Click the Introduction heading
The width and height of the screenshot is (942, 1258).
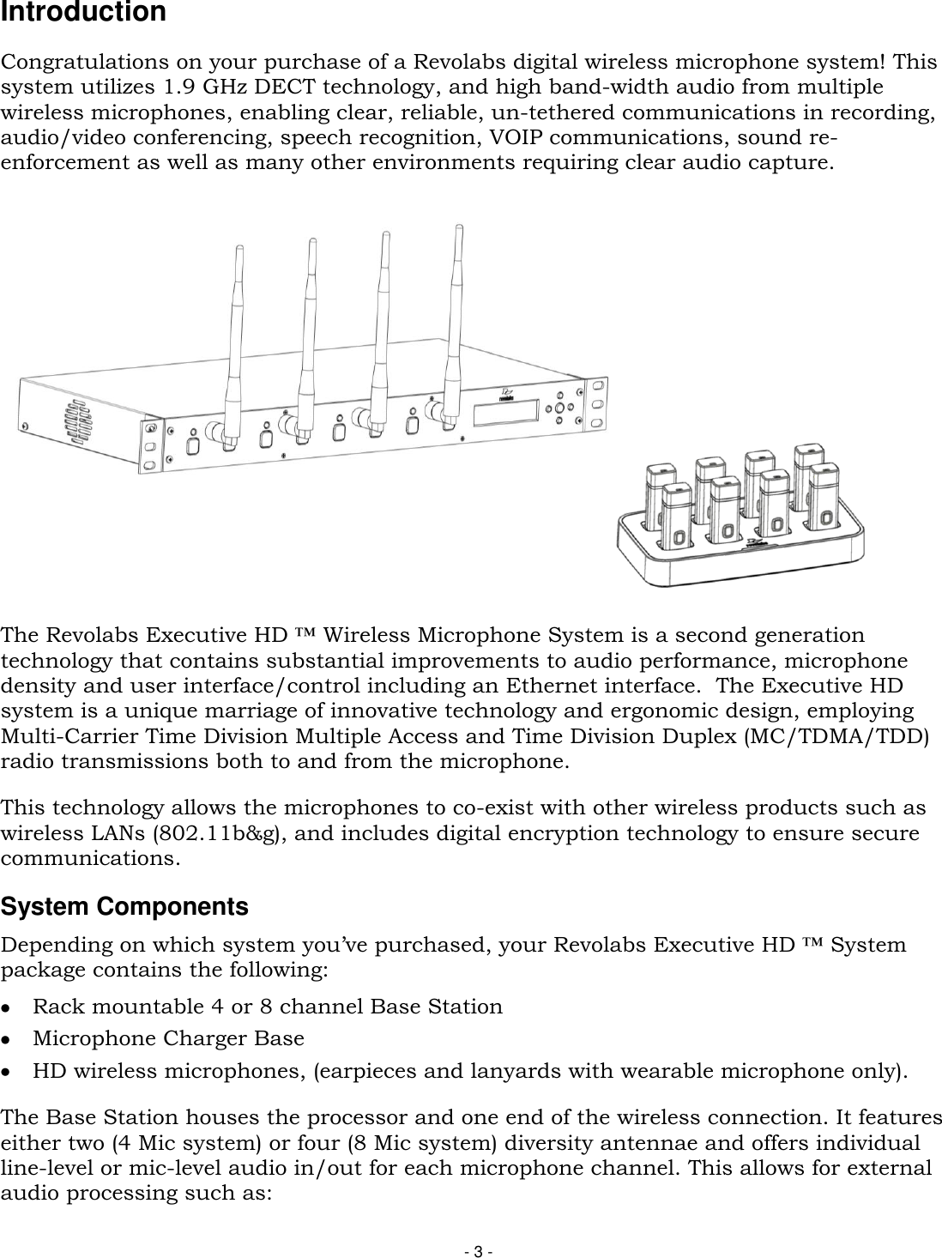[83, 13]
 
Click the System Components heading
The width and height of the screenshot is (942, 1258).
[124, 907]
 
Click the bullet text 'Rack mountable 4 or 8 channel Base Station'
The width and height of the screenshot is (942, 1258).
[268, 1007]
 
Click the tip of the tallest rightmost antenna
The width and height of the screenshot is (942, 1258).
[459, 227]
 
